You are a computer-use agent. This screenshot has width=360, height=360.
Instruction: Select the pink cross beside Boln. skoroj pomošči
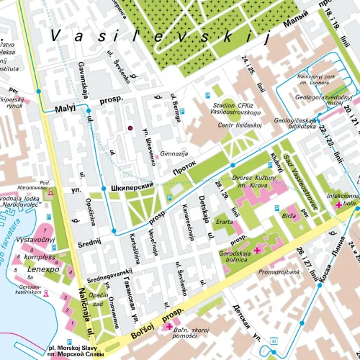click(169, 327)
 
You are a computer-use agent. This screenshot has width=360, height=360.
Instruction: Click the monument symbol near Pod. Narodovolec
click(50, 193)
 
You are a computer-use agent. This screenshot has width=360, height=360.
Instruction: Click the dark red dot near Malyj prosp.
click(130, 127)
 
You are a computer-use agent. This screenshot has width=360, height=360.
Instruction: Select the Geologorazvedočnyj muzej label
click(325, 99)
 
